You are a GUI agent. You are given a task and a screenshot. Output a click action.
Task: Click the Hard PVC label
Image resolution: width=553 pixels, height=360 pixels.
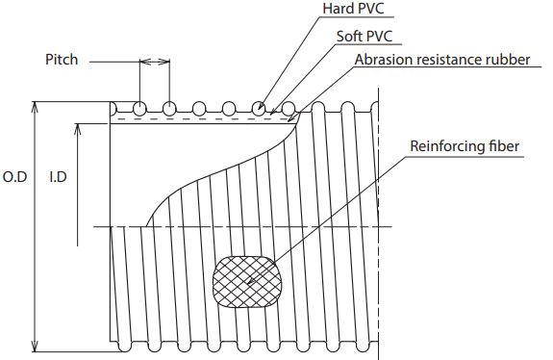coord(353,9)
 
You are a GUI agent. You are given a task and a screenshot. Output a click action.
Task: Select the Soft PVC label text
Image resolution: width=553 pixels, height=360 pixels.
coord(364,37)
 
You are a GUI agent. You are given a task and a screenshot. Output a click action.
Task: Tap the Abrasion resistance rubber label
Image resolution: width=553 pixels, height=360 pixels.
coord(442,60)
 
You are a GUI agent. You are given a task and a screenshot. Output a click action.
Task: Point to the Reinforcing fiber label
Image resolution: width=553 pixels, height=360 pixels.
coord(465,146)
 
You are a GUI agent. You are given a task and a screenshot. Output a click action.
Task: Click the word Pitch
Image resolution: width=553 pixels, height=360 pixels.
coord(62,60)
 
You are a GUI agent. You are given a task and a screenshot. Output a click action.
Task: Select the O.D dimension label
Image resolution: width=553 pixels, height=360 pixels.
coord(14,177)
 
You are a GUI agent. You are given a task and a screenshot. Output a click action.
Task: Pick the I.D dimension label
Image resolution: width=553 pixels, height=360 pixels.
coord(59,177)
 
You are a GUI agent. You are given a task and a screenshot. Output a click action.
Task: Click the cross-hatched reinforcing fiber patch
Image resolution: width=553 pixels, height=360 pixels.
coord(248,282)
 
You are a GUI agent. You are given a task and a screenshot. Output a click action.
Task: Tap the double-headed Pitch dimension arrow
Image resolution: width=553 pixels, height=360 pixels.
coord(155,63)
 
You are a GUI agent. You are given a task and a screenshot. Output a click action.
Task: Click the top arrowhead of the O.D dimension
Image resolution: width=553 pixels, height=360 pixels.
coord(35,107)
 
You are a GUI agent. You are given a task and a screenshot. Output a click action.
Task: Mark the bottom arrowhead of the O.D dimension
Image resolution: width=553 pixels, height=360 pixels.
coord(35,347)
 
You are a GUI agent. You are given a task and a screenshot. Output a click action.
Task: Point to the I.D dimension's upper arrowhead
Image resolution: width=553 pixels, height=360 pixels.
coord(78,129)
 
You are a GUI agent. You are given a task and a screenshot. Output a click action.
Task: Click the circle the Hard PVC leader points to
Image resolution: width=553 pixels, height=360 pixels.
coord(259,109)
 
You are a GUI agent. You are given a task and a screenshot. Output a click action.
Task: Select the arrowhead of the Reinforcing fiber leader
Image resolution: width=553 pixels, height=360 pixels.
coord(251,281)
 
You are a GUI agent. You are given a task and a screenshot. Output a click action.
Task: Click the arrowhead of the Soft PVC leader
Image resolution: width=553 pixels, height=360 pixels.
coord(272,112)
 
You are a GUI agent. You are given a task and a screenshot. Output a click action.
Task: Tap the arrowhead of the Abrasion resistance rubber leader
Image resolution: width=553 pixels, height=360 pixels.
coord(291,119)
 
